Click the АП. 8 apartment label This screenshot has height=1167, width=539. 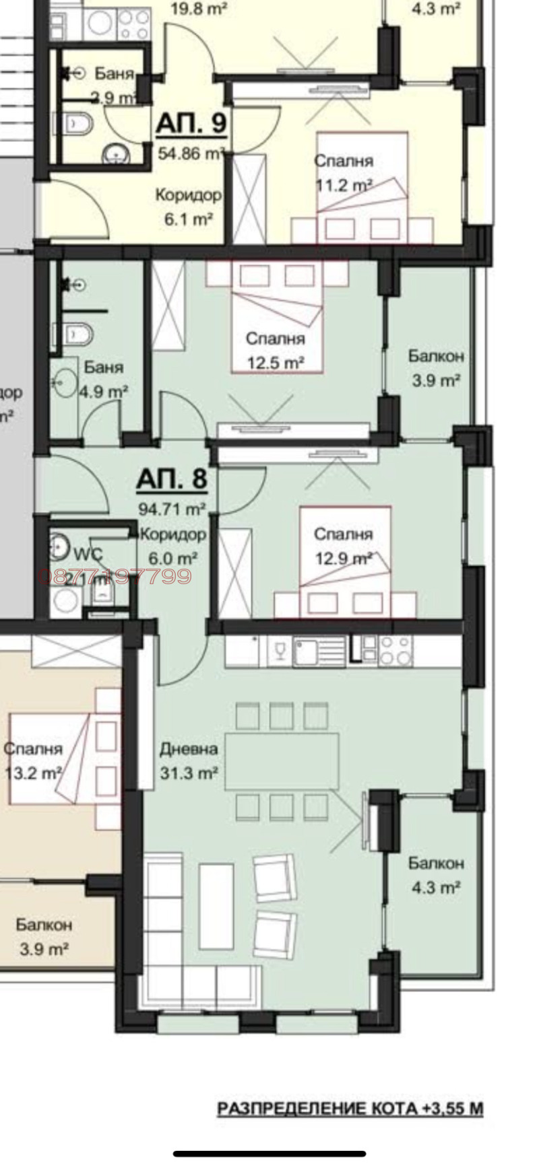click(171, 479)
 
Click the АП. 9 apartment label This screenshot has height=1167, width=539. click(191, 123)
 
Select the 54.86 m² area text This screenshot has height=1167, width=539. click(190, 153)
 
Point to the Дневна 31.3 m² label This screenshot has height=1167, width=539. click(189, 761)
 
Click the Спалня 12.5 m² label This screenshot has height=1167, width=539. click(275, 351)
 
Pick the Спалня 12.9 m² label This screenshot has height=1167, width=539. click(343, 546)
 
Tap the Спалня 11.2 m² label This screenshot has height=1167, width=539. click(344, 173)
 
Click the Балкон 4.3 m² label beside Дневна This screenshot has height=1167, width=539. click(436, 875)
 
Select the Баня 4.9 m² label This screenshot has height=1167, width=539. click(104, 379)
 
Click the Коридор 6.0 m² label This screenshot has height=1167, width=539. click(173, 546)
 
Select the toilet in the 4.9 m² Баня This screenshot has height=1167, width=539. click(80, 332)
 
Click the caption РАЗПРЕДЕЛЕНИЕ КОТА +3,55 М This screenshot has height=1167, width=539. click(350, 1108)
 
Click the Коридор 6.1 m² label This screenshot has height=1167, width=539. click(188, 207)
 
